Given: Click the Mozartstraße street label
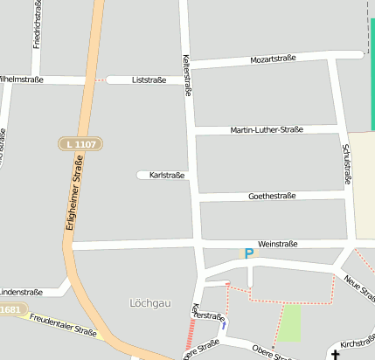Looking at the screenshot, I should [x=273, y=59].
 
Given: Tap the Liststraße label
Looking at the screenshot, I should [x=149, y=80].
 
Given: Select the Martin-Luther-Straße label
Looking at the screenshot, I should [x=267, y=129].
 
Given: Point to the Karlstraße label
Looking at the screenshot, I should [x=167, y=176].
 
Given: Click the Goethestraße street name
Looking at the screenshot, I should [x=271, y=197].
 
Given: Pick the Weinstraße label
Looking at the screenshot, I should [x=278, y=244].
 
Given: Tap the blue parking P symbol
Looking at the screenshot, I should [x=248, y=253].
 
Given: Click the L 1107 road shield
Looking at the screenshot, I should [x=80, y=143].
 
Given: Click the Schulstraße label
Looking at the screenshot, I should [x=347, y=163].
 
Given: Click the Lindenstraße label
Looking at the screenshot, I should [x=19, y=292].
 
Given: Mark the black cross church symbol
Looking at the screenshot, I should [x=335, y=354].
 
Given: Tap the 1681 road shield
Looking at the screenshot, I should [x=10, y=309].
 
